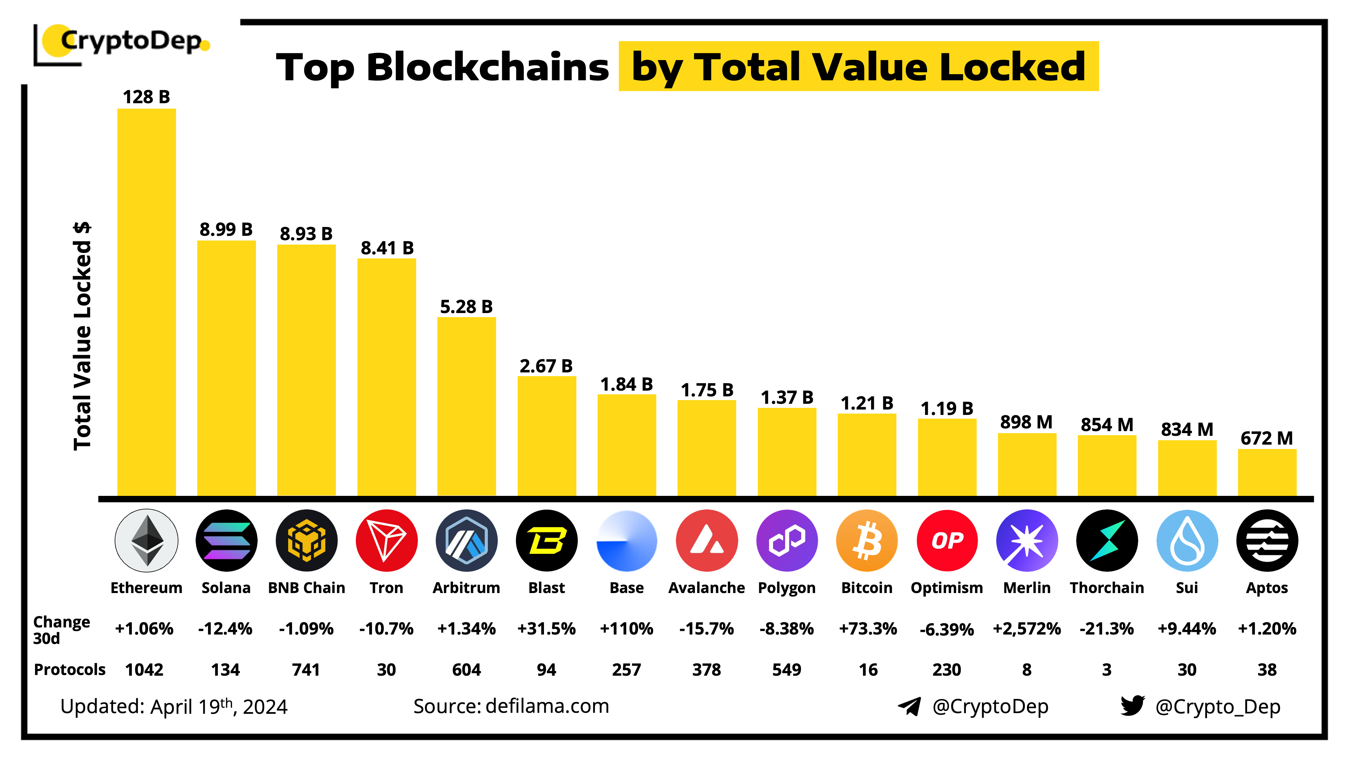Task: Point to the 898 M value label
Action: (x=1026, y=422)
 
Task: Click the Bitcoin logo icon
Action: (x=867, y=540)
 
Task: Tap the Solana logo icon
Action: (x=226, y=540)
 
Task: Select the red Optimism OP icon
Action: (x=947, y=540)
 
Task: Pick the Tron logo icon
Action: (x=386, y=540)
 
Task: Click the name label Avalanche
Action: (x=707, y=588)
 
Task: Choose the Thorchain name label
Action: (x=1107, y=588)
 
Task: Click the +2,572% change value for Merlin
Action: (x=1026, y=628)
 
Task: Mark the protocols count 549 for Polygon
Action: (x=786, y=669)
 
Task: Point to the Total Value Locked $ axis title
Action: (x=82, y=335)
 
